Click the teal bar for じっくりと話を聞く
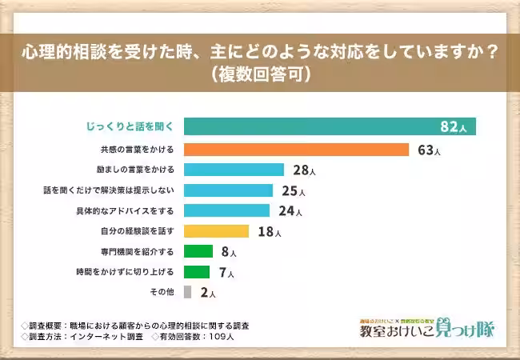point(330,126)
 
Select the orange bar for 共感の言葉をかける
point(296,148)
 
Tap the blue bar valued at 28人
point(234,169)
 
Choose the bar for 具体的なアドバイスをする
point(227,210)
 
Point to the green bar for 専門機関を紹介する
point(198,252)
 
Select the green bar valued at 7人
point(197,272)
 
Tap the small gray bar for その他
point(188,293)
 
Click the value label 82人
point(458,127)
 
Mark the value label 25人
point(293,190)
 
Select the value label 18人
point(270,232)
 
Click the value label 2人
point(208,294)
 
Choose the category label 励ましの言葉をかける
point(134,169)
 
